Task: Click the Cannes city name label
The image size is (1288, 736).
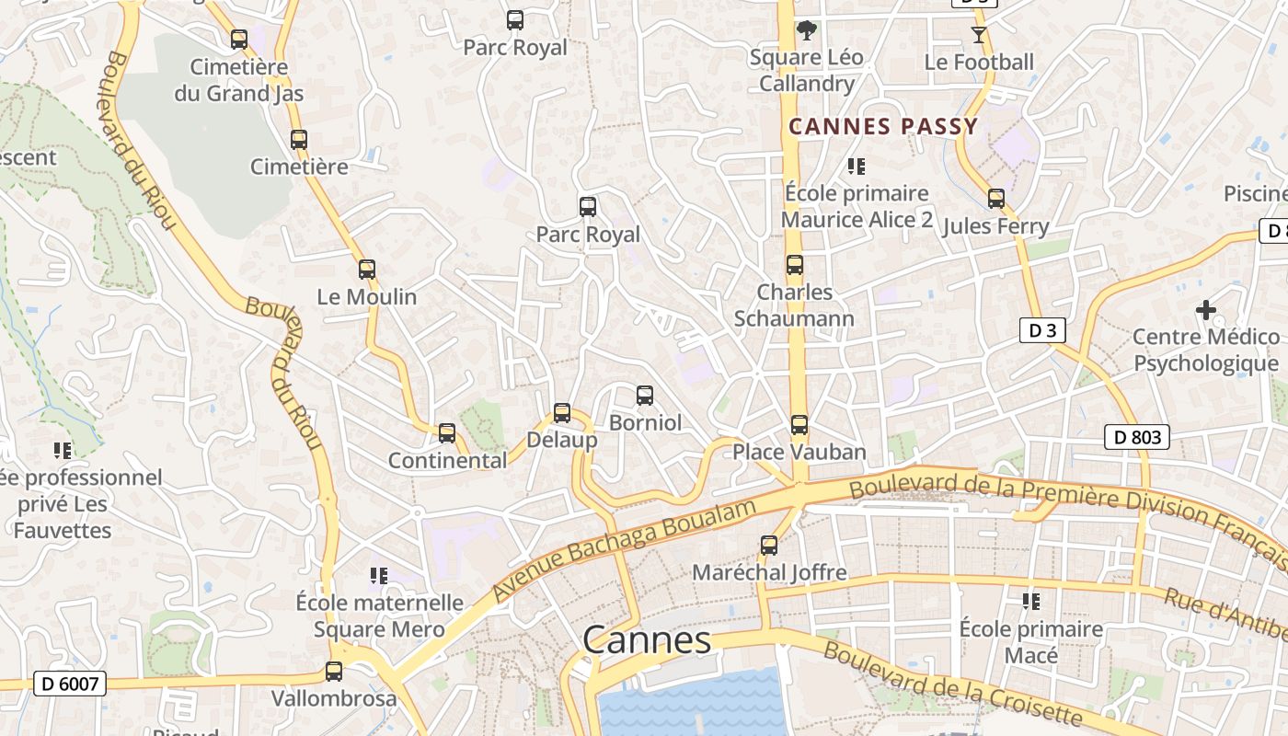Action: [x=647, y=640]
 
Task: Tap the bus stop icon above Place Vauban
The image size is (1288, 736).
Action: [x=799, y=425]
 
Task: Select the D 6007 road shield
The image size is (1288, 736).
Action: [x=70, y=684]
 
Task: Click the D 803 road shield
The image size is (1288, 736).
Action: [x=1137, y=438]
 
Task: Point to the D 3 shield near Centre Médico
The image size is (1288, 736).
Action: [x=1042, y=331]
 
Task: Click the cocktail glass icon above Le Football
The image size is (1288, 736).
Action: [x=978, y=35]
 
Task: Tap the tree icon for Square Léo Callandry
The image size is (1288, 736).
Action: [x=807, y=30]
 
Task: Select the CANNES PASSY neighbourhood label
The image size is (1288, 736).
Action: [x=883, y=127]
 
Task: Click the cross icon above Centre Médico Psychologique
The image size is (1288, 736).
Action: [x=1205, y=310]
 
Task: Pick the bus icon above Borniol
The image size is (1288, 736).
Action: [x=645, y=396]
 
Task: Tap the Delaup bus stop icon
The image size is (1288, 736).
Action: [x=562, y=413]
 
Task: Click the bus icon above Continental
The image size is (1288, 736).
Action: [x=447, y=432]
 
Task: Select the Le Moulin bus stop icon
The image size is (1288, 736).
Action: [x=367, y=270]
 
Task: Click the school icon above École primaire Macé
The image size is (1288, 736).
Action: [x=1031, y=602]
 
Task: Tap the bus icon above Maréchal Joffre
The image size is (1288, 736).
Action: [x=769, y=546]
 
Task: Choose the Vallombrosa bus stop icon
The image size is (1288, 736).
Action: [x=334, y=672]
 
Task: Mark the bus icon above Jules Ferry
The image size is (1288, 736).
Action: [x=996, y=199]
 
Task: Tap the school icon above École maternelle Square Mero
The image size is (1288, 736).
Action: [x=379, y=576]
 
